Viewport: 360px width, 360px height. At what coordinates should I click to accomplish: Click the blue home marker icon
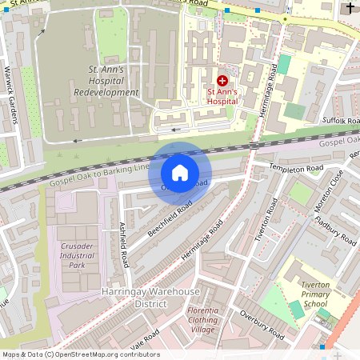tap(180, 173)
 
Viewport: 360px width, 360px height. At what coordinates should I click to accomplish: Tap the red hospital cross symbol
tap(222, 81)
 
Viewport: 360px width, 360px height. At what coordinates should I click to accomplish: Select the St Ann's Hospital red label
tap(222, 97)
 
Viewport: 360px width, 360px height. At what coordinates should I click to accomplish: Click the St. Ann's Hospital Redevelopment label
tap(112, 82)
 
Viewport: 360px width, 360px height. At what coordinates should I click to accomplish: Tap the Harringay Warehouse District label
tap(134, 298)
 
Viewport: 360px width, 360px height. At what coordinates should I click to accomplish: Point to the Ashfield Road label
tap(124, 244)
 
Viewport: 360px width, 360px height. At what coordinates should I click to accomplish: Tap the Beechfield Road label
tap(170, 218)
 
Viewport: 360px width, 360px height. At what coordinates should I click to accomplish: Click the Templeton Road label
tap(295, 169)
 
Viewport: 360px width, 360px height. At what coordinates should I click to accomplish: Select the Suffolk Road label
tap(339, 120)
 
